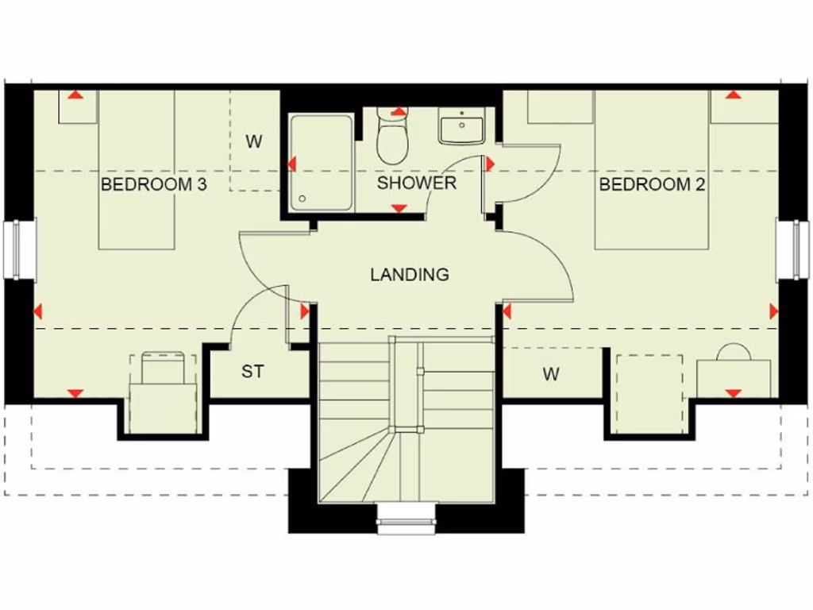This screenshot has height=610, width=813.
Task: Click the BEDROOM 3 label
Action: click(154, 185)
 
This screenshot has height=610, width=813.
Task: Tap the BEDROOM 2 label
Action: click(652, 185)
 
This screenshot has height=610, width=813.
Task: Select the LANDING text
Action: click(409, 275)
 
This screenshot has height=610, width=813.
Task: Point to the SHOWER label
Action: click(417, 183)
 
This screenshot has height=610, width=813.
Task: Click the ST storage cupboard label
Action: click(252, 371)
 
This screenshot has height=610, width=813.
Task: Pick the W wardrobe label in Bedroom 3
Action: click(253, 142)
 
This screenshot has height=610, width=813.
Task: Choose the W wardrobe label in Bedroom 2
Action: click(551, 373)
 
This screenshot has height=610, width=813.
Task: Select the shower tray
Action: click(321, 163)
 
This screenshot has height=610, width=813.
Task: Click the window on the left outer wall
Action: click(20, 249)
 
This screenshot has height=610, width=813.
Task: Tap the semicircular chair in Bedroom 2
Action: click(733, 353)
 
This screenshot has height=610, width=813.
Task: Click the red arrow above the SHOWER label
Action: click(399, 112)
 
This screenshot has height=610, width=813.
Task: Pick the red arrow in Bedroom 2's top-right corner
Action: click(733, 95)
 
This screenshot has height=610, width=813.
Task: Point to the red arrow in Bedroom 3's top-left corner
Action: click(75, 95)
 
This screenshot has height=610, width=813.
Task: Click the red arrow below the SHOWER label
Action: click(399, 208)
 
